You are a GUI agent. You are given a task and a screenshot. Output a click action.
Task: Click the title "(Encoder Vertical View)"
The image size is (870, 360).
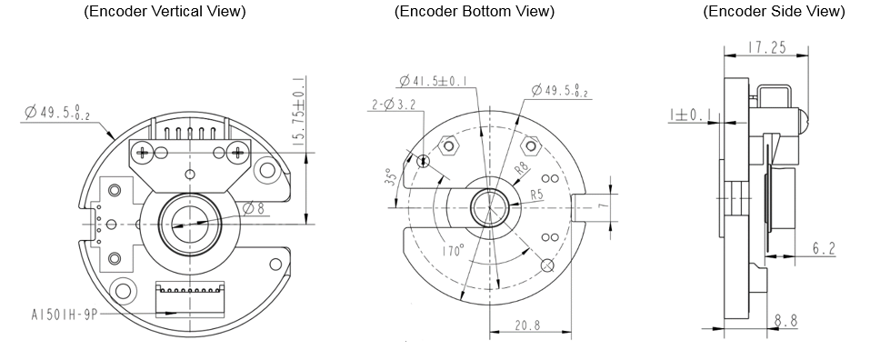pyautogui.click(x=165, y=12)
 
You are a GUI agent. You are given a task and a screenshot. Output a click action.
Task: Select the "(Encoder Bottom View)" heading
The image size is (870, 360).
pyautogui.click(x=474, y=12)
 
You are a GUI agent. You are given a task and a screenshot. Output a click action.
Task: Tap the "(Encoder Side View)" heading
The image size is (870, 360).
pyautogui.click(x=774, y=12)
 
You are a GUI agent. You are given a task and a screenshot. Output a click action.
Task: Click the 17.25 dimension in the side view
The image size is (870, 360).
pyautogui.click(x=766, y=47)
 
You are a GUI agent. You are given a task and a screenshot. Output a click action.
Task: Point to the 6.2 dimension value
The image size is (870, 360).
pyautogui.click(x=825, y=248)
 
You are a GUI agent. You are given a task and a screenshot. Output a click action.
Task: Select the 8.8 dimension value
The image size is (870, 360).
pyautogui.click(x=785, y=321)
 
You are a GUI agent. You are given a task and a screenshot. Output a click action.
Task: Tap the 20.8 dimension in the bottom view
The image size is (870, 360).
pyautogui.click(x=527, y=325)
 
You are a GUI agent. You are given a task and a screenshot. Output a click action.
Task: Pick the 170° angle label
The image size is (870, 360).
pyautogui.click(x=454, y=251)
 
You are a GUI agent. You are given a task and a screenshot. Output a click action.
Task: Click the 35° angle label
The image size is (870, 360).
pyautogui.click(x=393, y=177)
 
